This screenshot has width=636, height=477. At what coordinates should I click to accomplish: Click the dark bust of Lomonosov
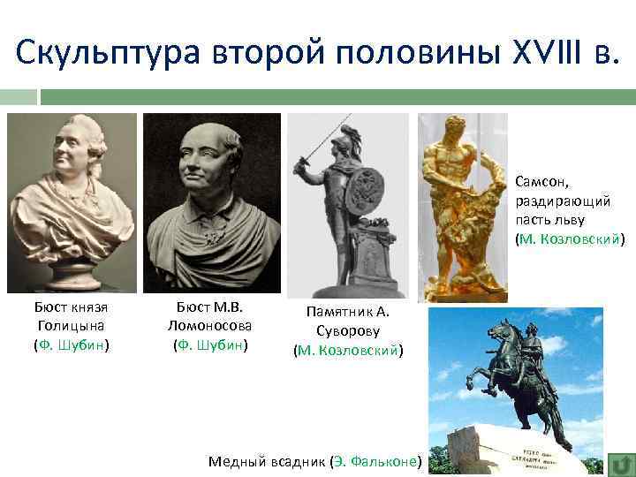click(211, 203)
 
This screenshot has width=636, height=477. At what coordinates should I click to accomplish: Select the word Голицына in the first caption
click(71, 325)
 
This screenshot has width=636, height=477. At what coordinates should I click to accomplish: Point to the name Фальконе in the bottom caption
click(384, 461)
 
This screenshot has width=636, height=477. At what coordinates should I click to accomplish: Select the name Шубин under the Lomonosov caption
click(221, 344)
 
